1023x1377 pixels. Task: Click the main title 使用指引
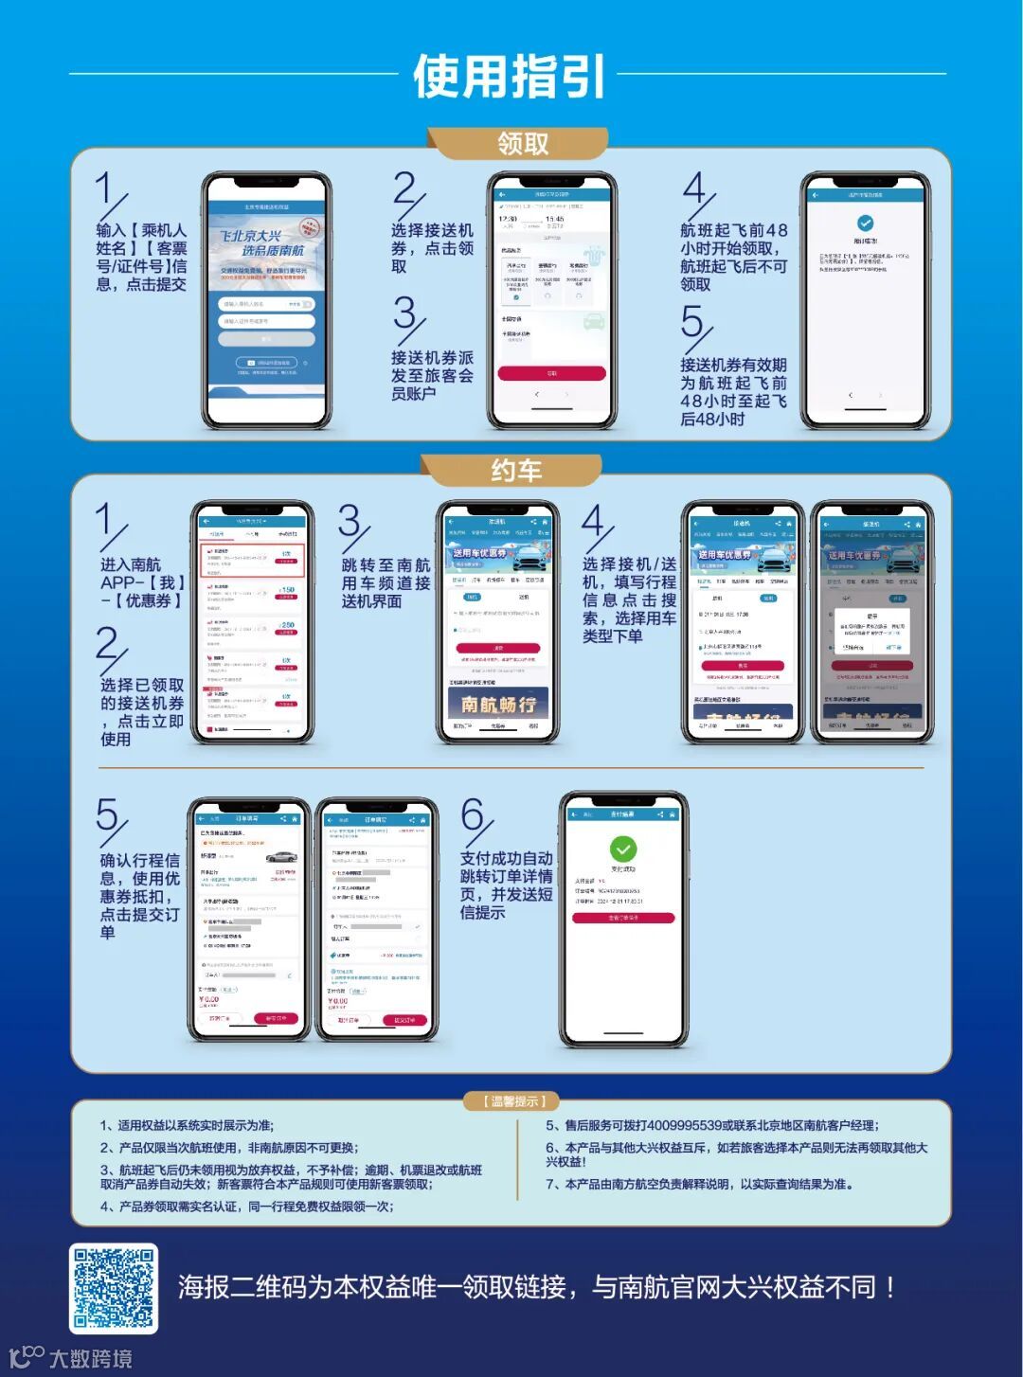pos(509,76)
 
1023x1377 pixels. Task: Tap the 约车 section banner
pos(515,471)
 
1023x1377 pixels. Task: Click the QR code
pos(114,1288)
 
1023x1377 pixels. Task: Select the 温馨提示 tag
pos(511,1101)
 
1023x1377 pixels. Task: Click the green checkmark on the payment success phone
pos(622,849)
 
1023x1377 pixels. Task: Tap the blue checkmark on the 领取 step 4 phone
pos(864,224)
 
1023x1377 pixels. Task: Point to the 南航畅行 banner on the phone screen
pos(498,704)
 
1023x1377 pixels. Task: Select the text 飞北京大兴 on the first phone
pos(250,236)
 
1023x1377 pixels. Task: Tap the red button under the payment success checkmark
pos(622,918)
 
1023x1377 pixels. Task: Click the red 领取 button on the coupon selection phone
pos(551,373)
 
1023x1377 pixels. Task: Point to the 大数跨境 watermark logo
pos(71,1357)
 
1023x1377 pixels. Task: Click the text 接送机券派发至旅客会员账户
pos(432,375)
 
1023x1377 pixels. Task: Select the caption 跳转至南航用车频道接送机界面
pos(386,582)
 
